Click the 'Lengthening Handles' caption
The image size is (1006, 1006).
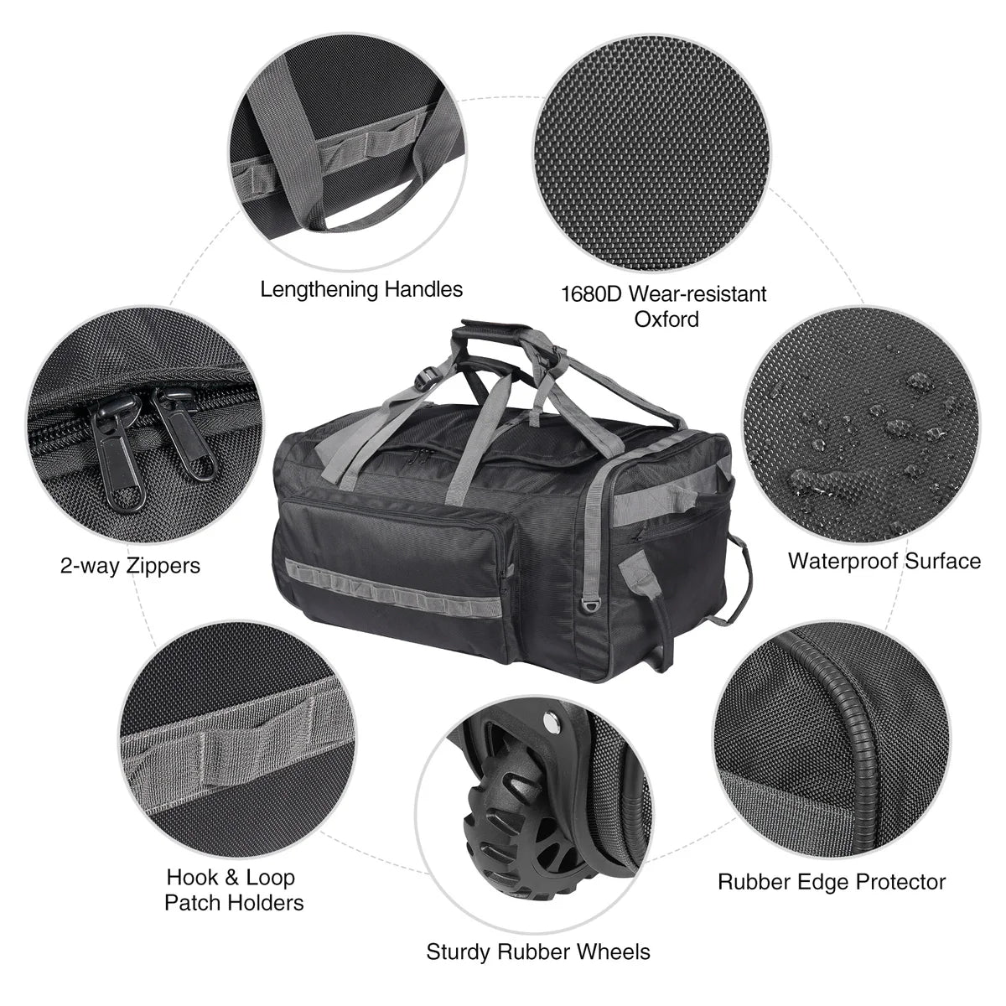(361, 290)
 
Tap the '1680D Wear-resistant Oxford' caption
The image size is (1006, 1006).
(663, 306)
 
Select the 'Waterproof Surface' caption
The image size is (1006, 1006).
(884, 561)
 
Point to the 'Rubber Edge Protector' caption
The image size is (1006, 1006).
(831, 882)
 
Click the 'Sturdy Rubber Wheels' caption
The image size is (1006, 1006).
(537, 952)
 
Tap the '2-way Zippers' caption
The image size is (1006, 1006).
(130, 565)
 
